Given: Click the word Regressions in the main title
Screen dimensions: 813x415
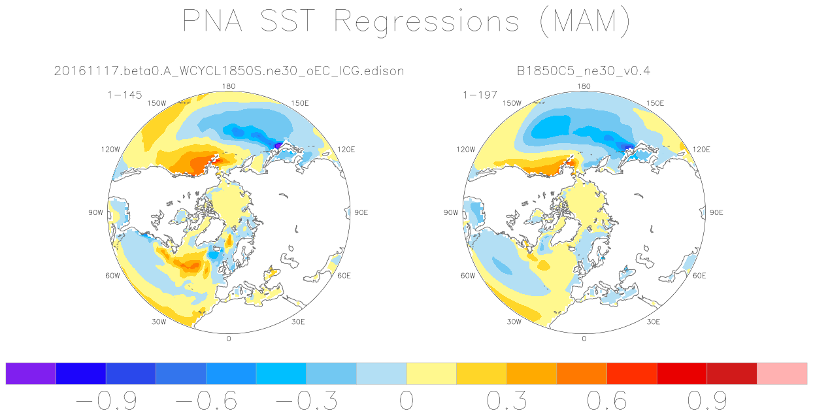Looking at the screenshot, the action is pyautogui.click(x=427, y=22).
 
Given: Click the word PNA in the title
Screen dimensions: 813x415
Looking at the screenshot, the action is pyautogui.click(x=212, y=20).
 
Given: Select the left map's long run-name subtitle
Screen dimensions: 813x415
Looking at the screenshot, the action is pyautogui.click(x=229, y=71).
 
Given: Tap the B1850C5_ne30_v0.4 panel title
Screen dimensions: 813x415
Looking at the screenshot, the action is pyautogui.click(x=584, y=71).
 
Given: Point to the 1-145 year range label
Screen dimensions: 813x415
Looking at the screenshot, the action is pyautogui.click(x=124, y=95).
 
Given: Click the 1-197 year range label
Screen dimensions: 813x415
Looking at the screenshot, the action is pyautogui.click(x=480, y=95).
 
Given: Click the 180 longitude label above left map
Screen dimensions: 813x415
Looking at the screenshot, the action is pyautogui.click(x=229, y=86).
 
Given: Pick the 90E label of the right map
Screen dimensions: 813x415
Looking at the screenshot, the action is pyautogui.click(x=716, y=212).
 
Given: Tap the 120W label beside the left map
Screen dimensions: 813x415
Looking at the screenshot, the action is pyautogui.click(x=110, y=149).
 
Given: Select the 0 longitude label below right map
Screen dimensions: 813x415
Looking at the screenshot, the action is pyautogui.click(x=584, y=339).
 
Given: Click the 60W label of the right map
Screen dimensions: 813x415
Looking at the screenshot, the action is pyautogui.click(x=468, y=276).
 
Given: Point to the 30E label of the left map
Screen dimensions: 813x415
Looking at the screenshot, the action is pyautogui.click(x=298, y=322).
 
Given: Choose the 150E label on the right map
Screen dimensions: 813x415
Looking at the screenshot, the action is pyautogui.click(x=655, y=103).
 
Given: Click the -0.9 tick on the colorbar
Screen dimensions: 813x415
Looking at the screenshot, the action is pyautogui.click(x=107, y=401).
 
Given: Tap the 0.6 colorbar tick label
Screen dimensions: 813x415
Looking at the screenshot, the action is pyautogui.click(x=607, y=401).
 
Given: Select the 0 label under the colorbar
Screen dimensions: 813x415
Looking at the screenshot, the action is pyautogui.click(x=406, y=401).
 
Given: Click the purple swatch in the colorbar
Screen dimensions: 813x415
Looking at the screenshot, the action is pyautogui.click(x=31, y=373).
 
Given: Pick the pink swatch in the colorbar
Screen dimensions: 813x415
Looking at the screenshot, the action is pyautogui.click(x=782, y=373).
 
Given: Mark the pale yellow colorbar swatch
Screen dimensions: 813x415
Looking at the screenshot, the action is pyautogui.click(x=431, y=373).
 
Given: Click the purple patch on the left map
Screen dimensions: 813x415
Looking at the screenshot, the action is pyautogui.click(x=278, y=145).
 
